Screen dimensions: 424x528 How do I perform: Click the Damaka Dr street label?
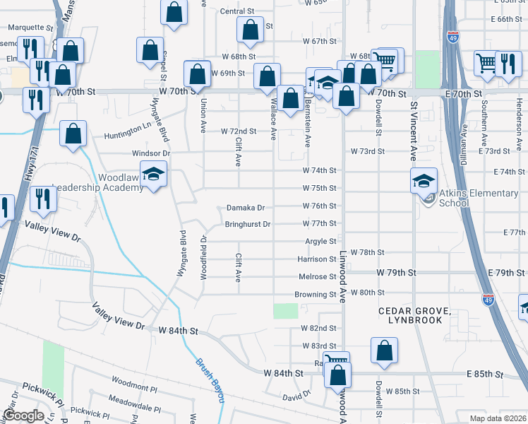pos(245,208)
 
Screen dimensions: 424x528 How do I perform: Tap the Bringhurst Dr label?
pos(248,224)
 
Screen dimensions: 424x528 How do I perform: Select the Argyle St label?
pos(320,241)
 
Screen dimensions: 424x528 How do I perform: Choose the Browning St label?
pos(315,294)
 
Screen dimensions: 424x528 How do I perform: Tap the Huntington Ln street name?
pos(128,136)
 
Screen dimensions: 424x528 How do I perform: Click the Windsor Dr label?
pos(151,153)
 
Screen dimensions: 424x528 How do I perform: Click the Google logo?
pos(23,416)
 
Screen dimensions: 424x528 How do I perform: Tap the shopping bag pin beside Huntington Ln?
pos(73,134)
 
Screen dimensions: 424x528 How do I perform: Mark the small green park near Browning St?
pos(285,310)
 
